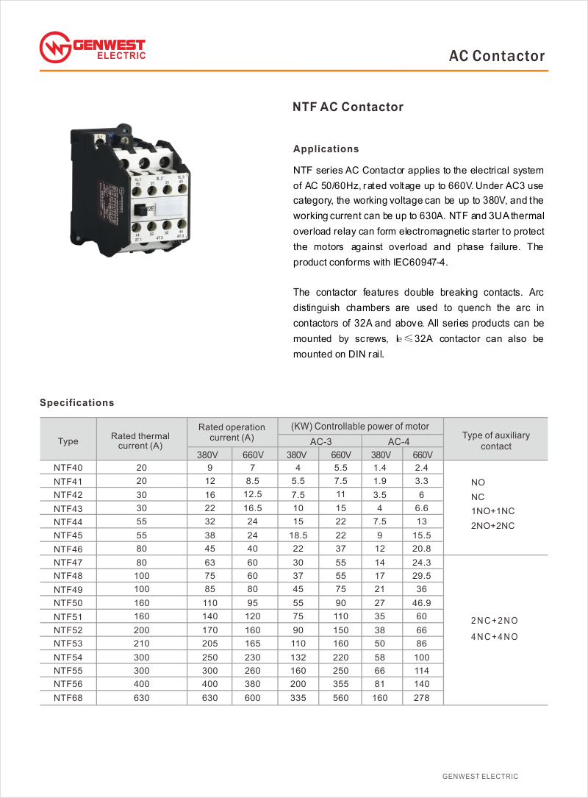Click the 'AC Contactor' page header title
(x=497, y=57)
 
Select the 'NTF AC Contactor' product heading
(x=348, y=107)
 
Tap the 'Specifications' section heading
(x=77, y=403)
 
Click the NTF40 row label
(x=68, y=468)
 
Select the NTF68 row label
(x=68, y=698)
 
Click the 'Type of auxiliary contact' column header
(x=496, y=441)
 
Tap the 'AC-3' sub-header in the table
(x=320, y=442)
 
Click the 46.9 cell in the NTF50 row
(x=423, y=602)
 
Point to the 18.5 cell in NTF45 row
(x=298, y=535)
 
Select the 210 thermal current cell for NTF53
(x=142, y=644)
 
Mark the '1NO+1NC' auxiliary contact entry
(x=492, y=511)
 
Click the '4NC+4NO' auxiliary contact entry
(x=494, y=636)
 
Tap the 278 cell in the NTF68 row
(x=422, y=698)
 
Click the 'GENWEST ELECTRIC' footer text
(x=480, y=777)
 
